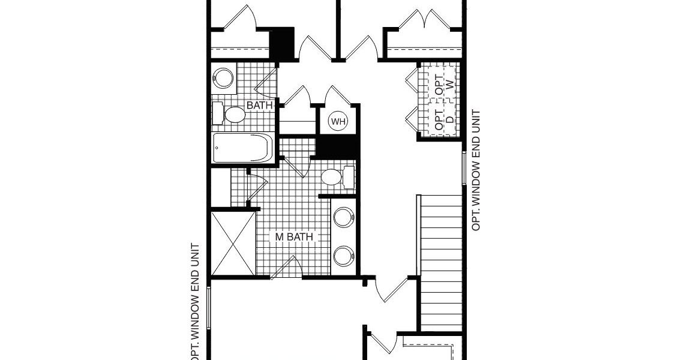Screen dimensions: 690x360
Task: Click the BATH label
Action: tap(260, 106)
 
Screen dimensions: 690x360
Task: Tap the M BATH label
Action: tap(294, 237)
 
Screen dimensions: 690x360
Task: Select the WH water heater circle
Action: tap(338, 121)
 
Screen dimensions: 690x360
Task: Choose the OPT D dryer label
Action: tap(444, 118)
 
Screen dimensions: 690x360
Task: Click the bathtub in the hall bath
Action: tap(242, 148)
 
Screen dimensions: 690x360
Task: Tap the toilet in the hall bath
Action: tap(229, 114)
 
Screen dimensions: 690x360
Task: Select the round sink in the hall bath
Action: tap(224, 79)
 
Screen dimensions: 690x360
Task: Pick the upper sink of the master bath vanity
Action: tap(344, 217)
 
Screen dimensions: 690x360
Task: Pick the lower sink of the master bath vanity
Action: tap(344, 256)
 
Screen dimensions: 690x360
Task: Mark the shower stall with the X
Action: tap(233, 244)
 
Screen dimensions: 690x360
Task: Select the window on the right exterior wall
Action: tap(464, 168)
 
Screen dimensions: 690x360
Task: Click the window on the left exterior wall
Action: tap(208, 307)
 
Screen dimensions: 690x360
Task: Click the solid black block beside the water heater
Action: tap(337, 147)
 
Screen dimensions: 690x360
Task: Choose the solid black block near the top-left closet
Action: tap(281, 43)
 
